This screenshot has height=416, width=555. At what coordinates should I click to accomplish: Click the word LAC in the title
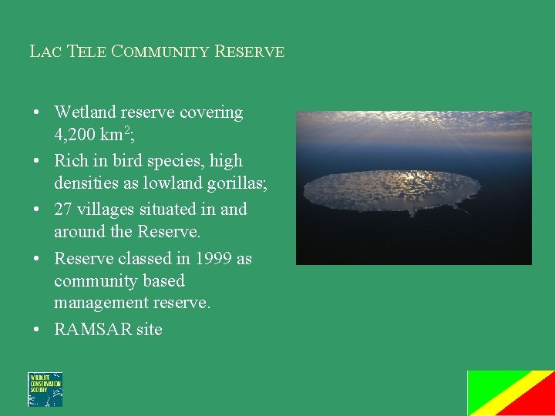45,52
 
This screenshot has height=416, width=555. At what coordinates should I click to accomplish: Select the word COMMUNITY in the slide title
160,52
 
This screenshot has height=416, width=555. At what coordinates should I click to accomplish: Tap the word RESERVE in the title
249,52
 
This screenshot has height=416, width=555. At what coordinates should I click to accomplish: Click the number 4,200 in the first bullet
78,136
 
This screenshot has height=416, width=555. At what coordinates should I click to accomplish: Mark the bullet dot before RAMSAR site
37,330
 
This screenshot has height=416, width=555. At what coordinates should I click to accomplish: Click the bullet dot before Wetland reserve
37,112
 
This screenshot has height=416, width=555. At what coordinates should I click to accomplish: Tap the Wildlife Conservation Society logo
45,389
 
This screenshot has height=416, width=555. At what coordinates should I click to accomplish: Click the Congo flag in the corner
511,393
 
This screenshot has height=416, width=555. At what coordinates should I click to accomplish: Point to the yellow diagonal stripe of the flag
511,393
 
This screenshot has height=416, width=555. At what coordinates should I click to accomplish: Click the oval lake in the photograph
391,191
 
